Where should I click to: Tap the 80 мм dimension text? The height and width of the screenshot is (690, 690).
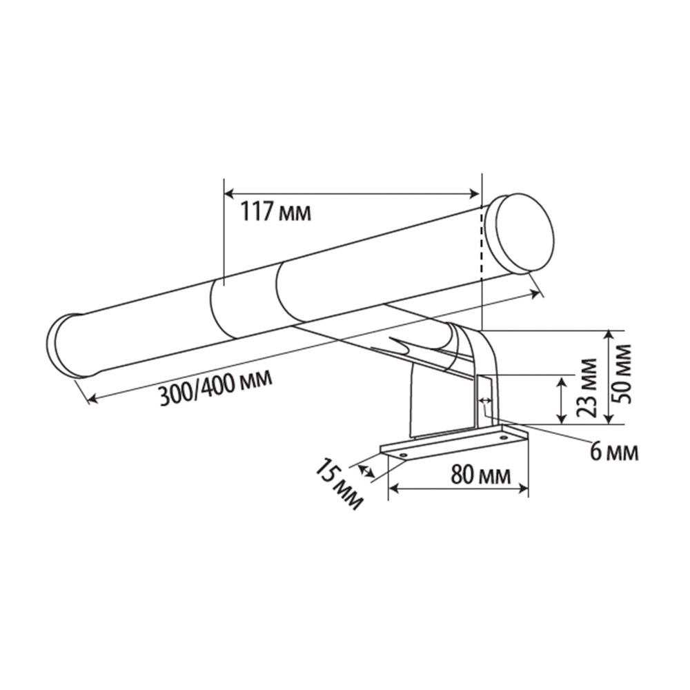pyautogui.click(x=480, y=475)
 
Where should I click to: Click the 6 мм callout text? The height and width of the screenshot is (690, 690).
pyautogui.click(x=613, y=452)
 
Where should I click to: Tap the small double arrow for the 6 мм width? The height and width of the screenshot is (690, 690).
pyautogui.click(x=485, y=400)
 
